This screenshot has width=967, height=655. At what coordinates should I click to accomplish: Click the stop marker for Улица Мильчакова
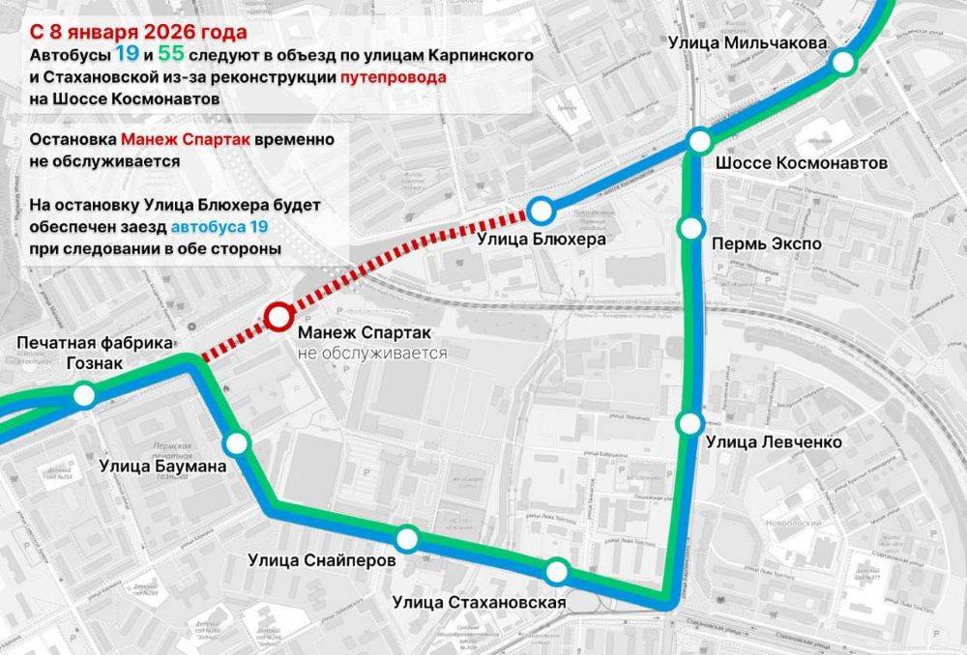(843, 62)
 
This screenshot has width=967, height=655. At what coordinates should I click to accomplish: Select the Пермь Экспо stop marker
(690, 228)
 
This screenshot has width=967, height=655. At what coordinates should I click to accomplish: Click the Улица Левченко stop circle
(689, 422)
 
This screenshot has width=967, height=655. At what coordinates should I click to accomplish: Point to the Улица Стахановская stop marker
(556, 572)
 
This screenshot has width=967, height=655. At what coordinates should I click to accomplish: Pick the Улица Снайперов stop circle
(407, 539)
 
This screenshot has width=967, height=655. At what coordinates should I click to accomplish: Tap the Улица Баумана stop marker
(237, 443)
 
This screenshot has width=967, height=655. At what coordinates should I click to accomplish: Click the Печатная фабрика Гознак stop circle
(85, 394)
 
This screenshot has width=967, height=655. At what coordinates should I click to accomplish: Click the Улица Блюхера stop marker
(541, 209)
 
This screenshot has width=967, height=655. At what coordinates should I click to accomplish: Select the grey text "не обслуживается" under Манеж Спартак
(372, 354)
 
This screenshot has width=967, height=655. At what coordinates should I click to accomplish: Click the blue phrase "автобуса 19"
(219, 227)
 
